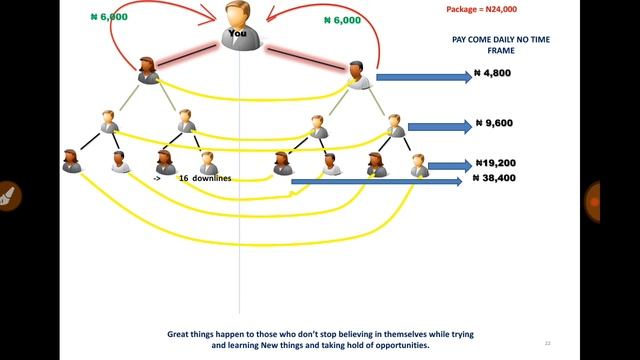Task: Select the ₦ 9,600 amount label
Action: point(493,125)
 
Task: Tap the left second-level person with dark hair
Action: point(148,71)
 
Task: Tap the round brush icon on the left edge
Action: point(6,195)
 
